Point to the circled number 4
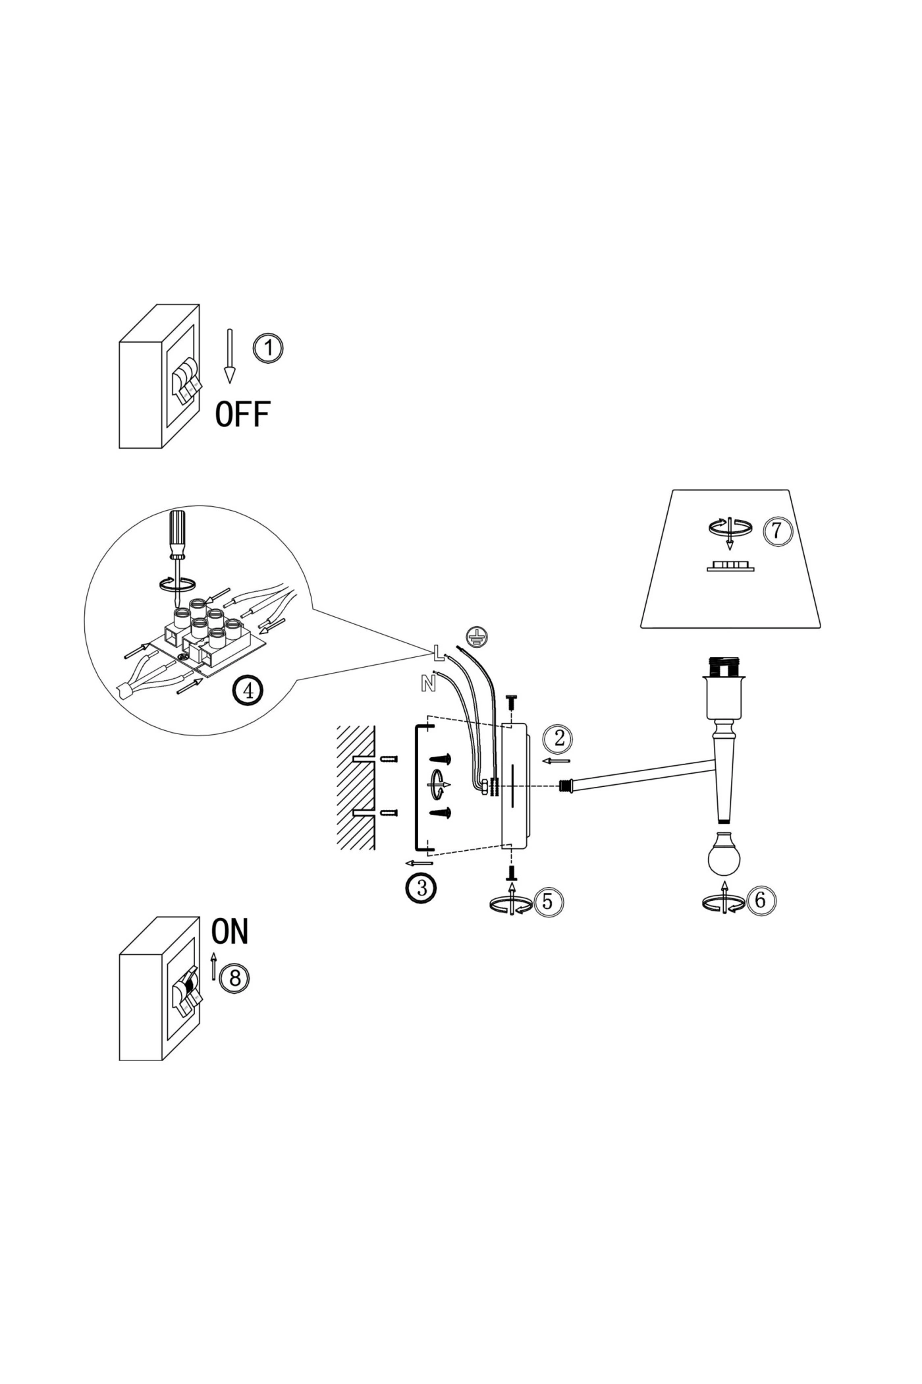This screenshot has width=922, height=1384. (x=248, y=691)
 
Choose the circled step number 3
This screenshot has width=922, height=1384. (x=421, y=888)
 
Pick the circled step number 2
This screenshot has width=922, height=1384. (x=559, y=738)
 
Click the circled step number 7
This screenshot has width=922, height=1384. (x=777, y=530)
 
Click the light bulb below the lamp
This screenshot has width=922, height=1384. (x=724, y=853)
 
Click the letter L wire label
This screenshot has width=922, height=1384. (x=439, y=652)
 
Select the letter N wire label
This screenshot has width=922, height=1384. (x=428, y=684)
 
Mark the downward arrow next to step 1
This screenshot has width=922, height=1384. (x=229, y=356)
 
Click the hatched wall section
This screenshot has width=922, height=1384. (x=356, y=788)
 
